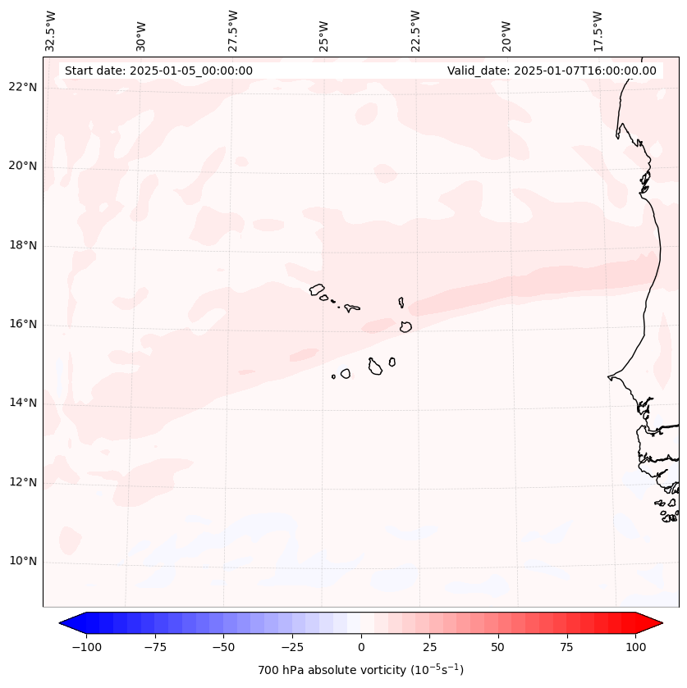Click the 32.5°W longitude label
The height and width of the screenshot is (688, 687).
coord(51,30)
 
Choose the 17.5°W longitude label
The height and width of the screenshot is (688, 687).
coord(598,30)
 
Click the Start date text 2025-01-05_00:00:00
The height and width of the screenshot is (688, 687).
coord(158,71)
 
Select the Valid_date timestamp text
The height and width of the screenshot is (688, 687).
coord(552,71)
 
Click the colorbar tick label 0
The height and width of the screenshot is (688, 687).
coord(361,647)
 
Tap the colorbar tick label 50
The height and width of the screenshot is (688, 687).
coord(498,647)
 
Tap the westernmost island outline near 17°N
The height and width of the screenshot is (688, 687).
coord(317,289)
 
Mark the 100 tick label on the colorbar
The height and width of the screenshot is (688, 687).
coord(635,647)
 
